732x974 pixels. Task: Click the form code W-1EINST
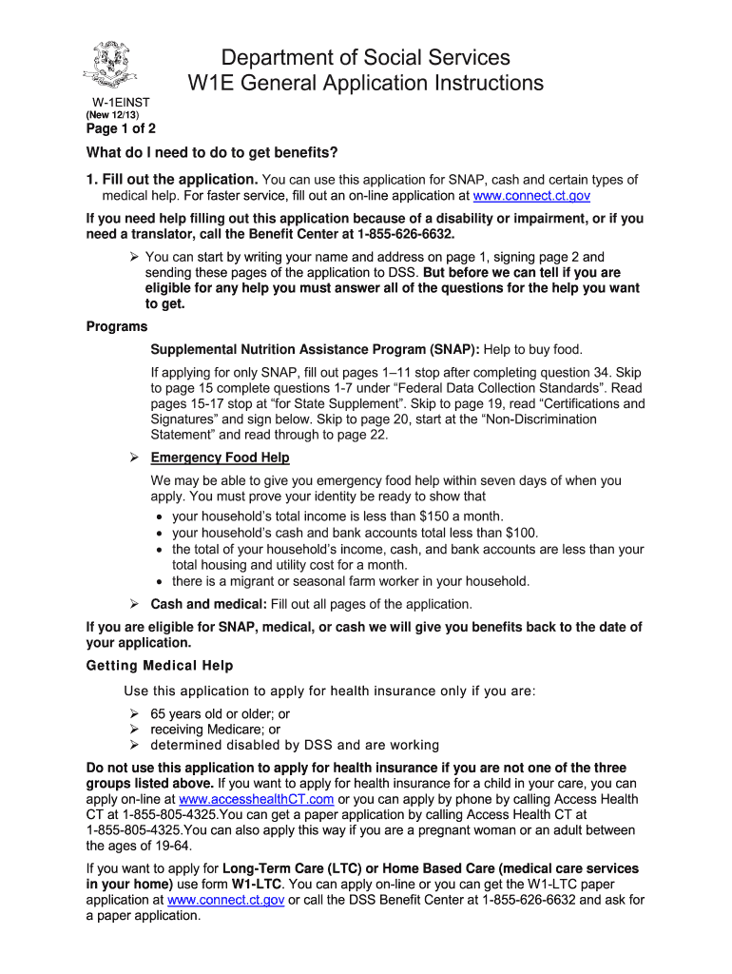pyautogui.click(x=120, y=101)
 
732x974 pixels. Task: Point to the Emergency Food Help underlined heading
pyautogui.click(x=221, y=458)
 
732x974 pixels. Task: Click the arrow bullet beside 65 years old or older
pyautogui.click(x=134, y=712)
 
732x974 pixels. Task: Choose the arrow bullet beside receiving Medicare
pyautogui.click(x=134, y=729)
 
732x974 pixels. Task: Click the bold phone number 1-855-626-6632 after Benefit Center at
pyautogui.click(x=391, y=233)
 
